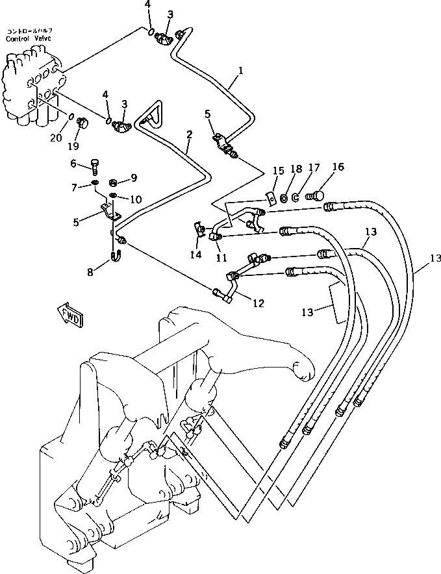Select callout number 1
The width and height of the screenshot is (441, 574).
click(x=240, y=69)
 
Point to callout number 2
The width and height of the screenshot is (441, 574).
click(x=189, y=134)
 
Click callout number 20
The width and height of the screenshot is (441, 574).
click(x=56, y=138)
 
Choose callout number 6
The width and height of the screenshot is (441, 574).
click(x=73, y=163)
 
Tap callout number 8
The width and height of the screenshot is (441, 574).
click(x=91, y=273)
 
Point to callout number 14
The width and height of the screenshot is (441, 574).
click(x=195, y=255)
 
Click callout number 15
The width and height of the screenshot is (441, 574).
click(x=279, y=171)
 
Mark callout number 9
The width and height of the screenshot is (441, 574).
click(x=134, y=177)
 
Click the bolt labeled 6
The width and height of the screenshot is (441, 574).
click(x=94, y=167)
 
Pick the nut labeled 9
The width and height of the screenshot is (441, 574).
click(x=112, y=180)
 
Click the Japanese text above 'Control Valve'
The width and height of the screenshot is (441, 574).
click(x=30, y=31)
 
